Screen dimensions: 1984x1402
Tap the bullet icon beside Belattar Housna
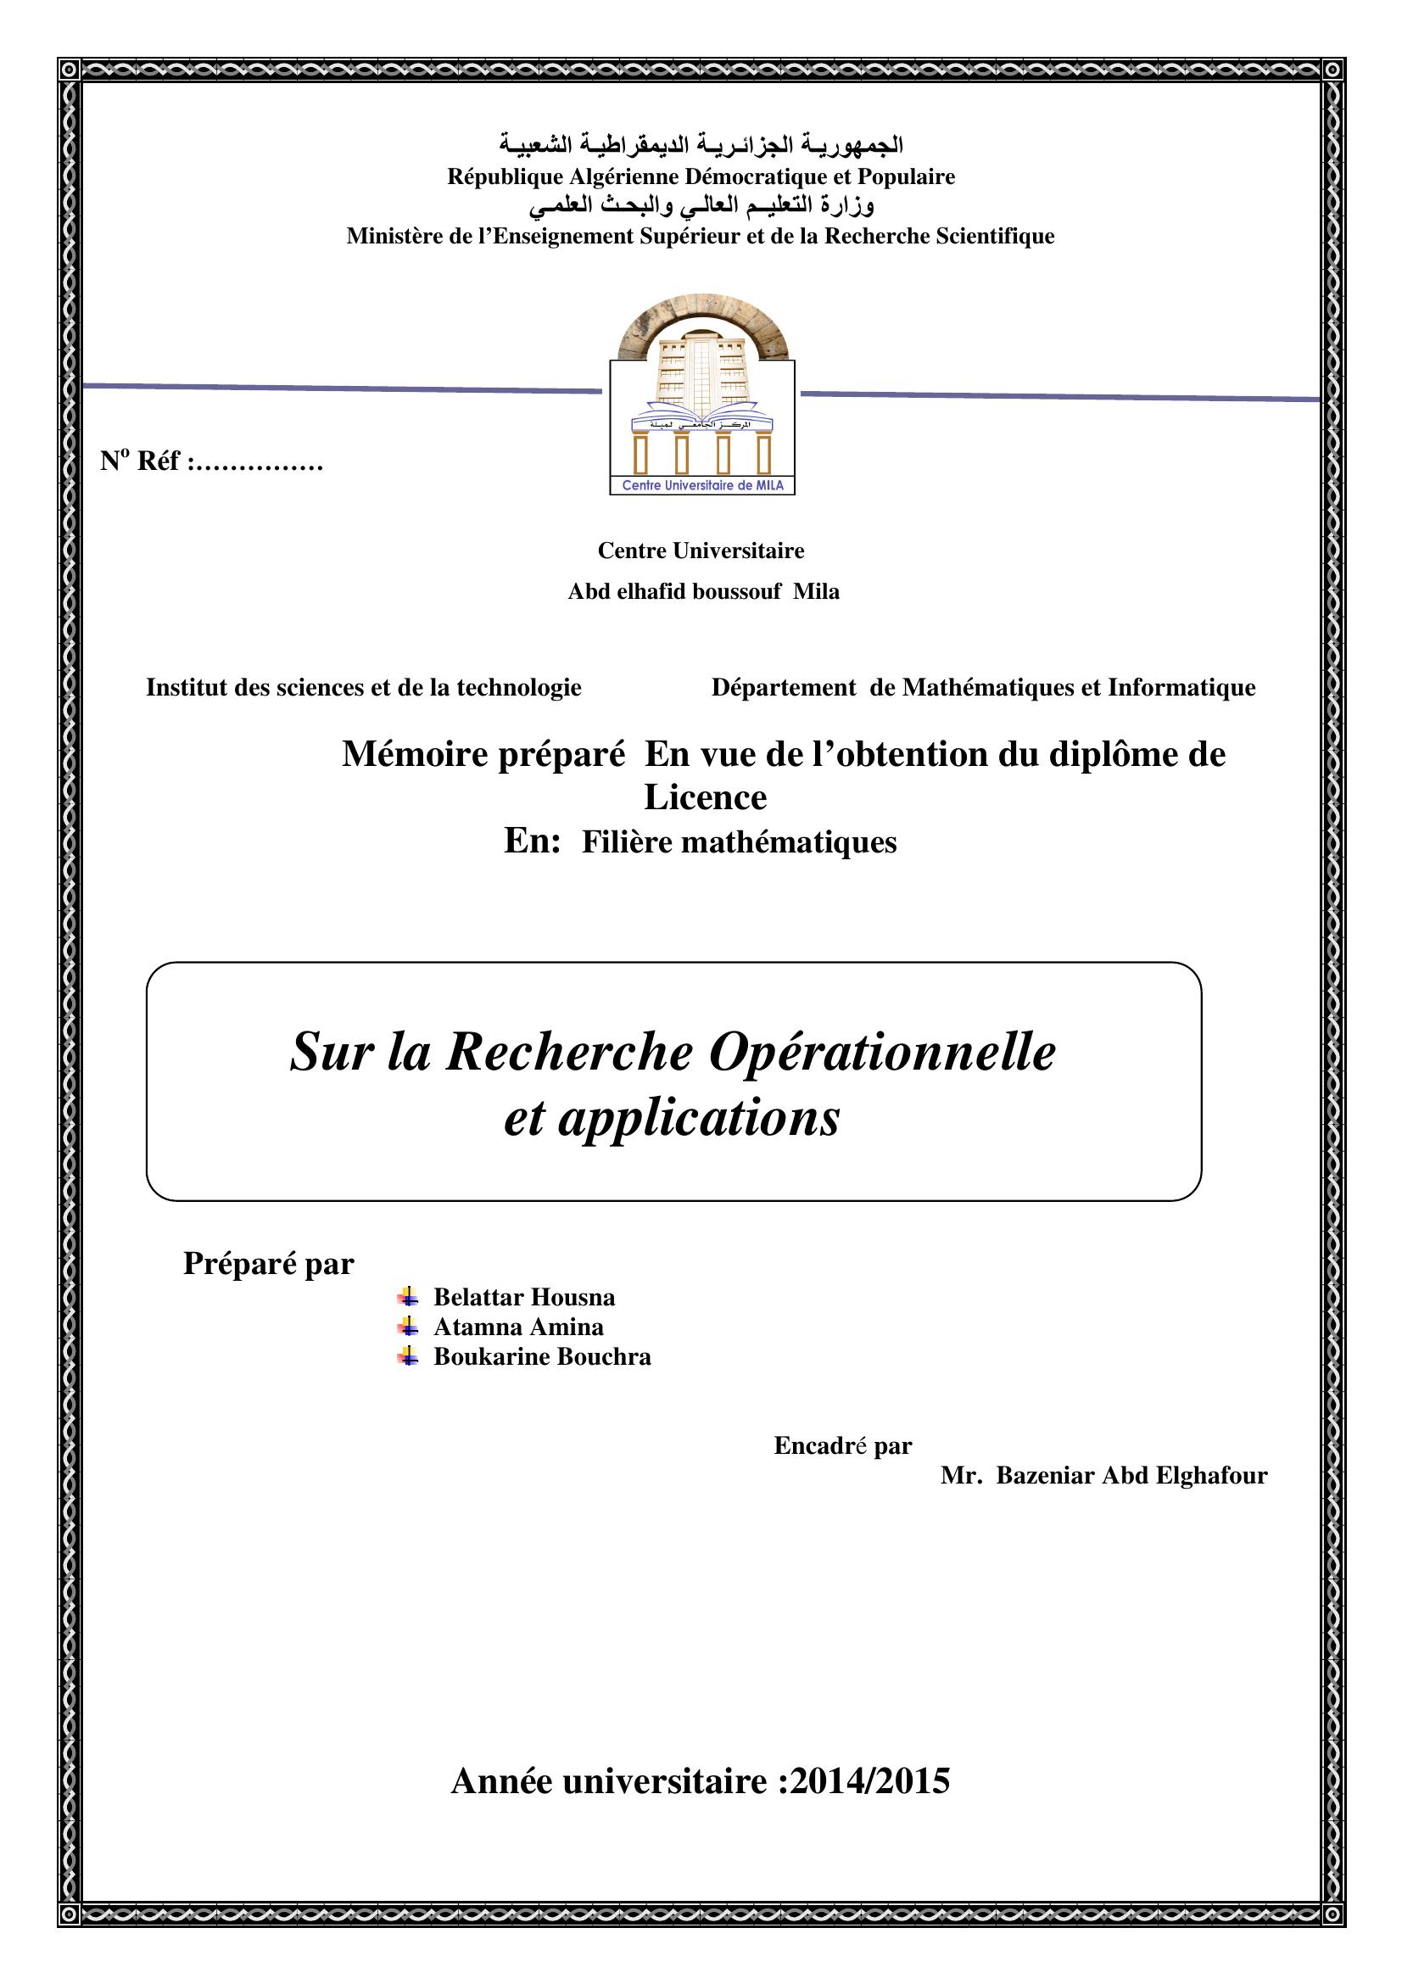click(x=408, y=1297)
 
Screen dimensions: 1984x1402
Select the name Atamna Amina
click(x=518, y=1327)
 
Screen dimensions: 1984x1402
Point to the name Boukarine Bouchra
click(x=542, y=1355)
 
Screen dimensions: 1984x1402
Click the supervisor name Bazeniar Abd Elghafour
click(x=1131, y=1475)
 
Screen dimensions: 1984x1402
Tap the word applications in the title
click(x=698, y=1117)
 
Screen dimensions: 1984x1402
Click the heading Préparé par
click(x=269, y=1263)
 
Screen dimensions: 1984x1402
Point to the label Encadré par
click(x=842, y=1445)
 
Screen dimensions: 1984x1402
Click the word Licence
click(x=705, y=796)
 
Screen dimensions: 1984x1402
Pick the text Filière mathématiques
click(x=739, y=841)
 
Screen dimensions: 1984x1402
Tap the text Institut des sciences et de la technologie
click(x=364, y=687)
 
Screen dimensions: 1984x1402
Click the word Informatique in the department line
click(x=1181, y=687)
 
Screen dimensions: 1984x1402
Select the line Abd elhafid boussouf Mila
click(x=703, y=591)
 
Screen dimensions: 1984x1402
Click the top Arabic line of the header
click(x=701, y=144)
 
